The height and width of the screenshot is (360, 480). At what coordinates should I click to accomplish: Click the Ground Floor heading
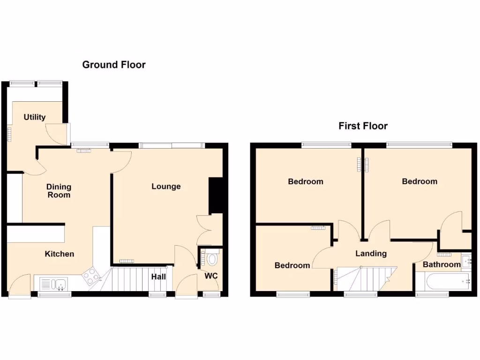114,65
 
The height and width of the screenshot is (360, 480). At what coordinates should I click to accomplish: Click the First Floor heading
363,126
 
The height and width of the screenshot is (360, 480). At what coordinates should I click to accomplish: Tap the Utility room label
35,117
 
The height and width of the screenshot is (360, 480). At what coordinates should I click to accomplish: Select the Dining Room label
59,191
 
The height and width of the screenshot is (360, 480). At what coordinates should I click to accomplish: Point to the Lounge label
166,187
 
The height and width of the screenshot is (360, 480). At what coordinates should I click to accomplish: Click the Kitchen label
60,254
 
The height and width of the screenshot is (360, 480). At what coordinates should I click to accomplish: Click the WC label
211,276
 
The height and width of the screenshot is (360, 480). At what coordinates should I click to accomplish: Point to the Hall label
158,277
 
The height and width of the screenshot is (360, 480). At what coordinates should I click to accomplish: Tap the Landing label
371,254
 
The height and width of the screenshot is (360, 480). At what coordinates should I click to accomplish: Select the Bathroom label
442,265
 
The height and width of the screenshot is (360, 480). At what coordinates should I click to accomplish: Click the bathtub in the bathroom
443,282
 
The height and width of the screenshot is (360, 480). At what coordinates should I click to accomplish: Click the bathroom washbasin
466,261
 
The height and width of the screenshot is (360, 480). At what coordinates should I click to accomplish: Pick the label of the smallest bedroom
292,265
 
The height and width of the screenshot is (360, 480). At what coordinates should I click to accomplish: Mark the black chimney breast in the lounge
215,195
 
